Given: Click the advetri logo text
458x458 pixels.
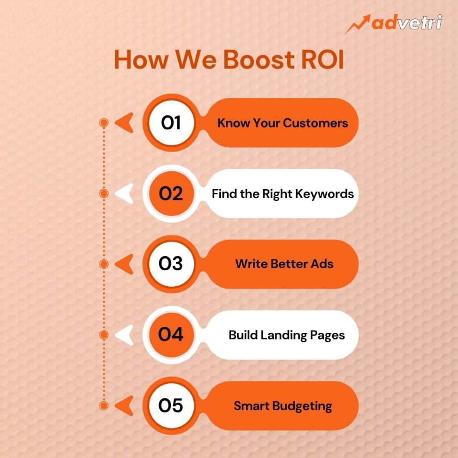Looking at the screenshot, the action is [407, 22].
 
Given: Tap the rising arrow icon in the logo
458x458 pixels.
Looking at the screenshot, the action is [357, 25].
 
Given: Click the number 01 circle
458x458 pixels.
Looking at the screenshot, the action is [171, 123].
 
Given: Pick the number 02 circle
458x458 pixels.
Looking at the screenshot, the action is [171, 193].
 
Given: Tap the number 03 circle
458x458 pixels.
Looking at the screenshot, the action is [171, 264].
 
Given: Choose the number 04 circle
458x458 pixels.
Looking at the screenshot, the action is [171, 335].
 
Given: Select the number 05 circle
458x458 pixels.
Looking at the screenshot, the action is [171, 405].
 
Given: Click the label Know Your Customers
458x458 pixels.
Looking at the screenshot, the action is [283, 123].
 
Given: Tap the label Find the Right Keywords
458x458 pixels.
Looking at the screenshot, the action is [283, 194].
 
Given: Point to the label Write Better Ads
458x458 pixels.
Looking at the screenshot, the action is [284, 264].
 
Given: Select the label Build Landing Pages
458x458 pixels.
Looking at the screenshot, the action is [287, 335].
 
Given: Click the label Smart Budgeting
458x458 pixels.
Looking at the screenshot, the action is [283, 406].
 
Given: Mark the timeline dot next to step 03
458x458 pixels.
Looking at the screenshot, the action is [104, 264].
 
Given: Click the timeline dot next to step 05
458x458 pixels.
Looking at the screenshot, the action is [104, 405].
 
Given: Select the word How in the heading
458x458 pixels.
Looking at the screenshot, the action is [141, 59].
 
